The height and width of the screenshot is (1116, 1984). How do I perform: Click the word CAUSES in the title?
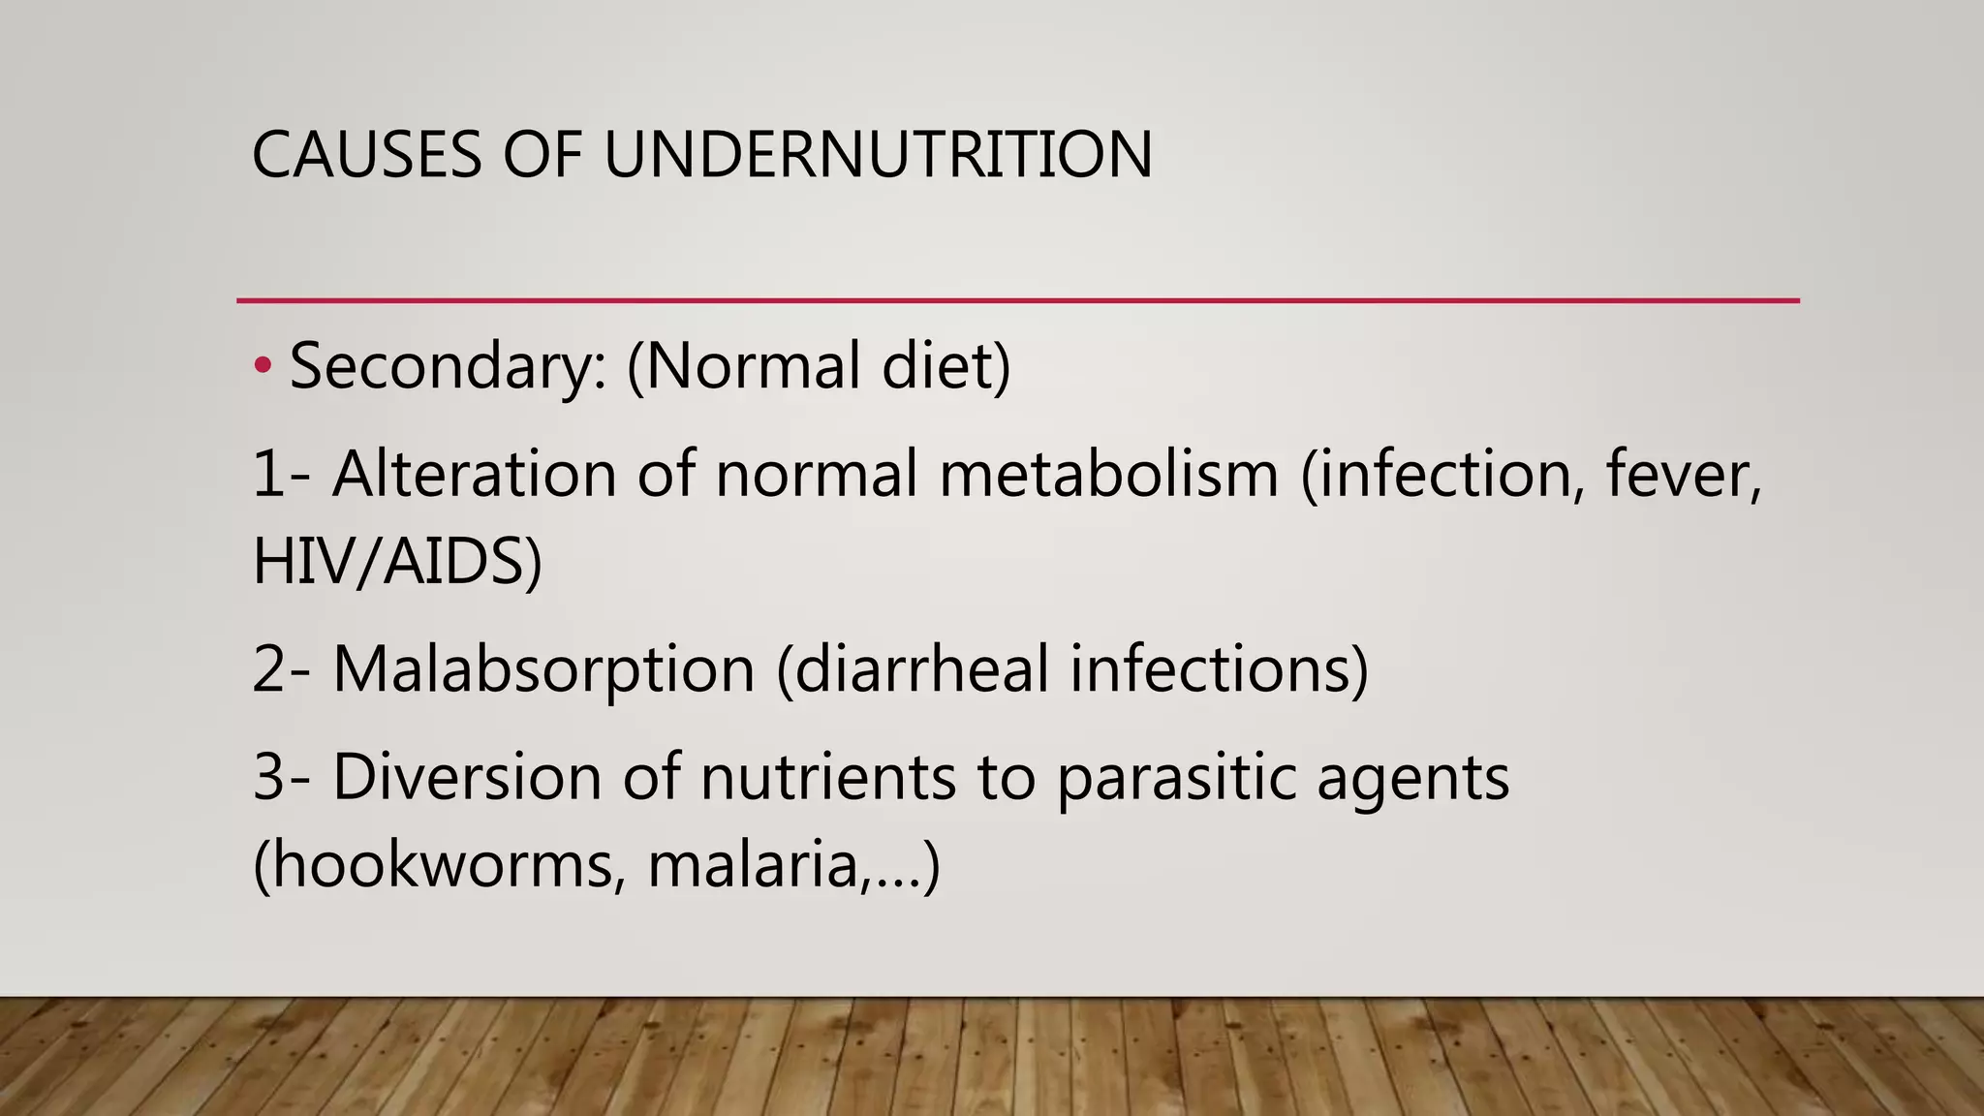pos(366,154)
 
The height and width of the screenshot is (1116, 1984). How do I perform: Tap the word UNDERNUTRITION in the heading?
pos(878,154)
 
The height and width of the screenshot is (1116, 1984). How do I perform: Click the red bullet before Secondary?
pos(262,366)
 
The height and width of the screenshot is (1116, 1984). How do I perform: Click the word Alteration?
pos(474,474)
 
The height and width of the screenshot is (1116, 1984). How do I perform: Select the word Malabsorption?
pos(543,668)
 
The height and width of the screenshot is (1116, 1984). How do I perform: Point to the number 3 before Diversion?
pos(269,776)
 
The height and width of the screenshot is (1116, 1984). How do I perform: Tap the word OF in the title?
pos(542,154)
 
